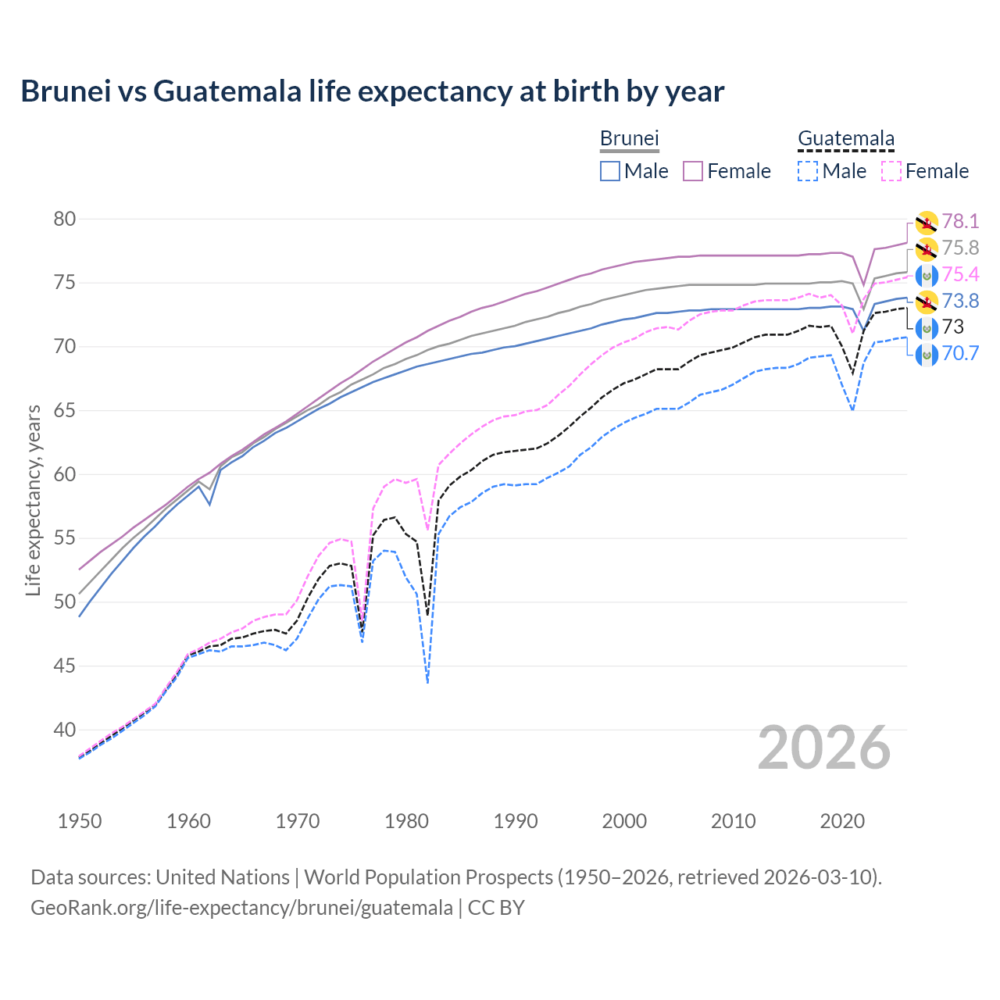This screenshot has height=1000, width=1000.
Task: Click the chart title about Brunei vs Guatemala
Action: point(373,91)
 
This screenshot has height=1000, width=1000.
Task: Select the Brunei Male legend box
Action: point(610,171)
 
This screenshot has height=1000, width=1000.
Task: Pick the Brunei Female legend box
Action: point(694,171)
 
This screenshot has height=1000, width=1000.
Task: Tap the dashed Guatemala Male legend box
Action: point(808,171)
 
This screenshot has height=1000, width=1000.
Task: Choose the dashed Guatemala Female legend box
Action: point(891,171)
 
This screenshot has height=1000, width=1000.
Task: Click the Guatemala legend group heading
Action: point(845,139)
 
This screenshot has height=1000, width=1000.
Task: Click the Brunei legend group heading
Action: point(629,139)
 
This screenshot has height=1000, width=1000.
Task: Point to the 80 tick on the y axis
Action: point(65,220)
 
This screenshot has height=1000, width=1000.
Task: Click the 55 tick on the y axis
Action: point(65,538)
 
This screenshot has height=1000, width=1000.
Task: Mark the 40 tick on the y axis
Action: point(65,730)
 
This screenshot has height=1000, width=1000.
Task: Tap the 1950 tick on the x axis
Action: point(80,821)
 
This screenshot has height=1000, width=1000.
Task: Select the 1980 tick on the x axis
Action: point(406,821)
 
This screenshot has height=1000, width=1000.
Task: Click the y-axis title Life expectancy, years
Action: point(33,500)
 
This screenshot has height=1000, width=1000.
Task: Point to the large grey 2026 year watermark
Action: point(823,748)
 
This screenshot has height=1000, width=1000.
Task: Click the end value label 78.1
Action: point(960,222)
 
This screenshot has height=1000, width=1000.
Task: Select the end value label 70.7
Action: point(960,353)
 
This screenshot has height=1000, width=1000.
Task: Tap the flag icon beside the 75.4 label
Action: point(926,275)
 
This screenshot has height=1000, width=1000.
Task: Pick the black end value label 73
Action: point(953,327)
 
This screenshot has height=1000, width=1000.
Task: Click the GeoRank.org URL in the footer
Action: point(241,908)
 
